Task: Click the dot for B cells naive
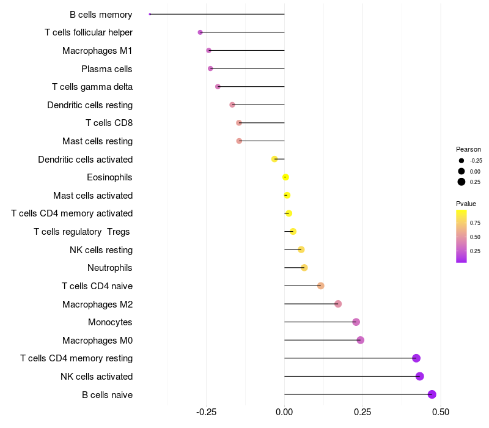click(432, 394)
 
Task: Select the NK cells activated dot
click(419, 376)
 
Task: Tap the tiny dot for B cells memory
click(150, 14)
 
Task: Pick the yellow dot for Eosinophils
click(285, 177)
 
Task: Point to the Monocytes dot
click(356, 322)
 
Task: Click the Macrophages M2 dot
click(338, 304)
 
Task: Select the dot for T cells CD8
click(239, 123)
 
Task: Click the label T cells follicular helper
click(89, 32)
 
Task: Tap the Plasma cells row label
click(107, 69)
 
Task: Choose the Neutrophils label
click(110, 268)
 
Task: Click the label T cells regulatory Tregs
click(83, 232)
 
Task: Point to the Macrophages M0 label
click(97, 341)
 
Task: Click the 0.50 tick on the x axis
click(440, 413)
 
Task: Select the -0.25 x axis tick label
click(206, 413)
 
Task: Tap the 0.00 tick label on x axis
click(284, 413)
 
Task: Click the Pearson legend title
click(468, 149)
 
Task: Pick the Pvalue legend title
click(466, 204)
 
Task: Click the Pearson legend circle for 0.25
click(461, 182)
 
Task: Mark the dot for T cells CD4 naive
click(321, 286)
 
